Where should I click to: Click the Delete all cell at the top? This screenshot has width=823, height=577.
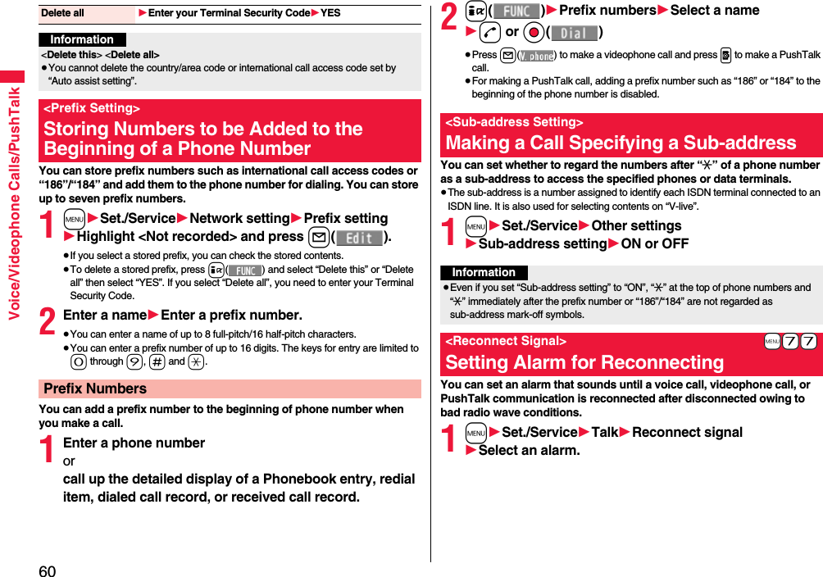[x=63, y=13]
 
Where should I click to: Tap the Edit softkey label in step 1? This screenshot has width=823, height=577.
[x=359, y=237]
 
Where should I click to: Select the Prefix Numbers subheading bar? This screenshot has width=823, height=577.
[x=95, y=388]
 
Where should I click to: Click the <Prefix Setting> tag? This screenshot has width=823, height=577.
[x=92, y=108]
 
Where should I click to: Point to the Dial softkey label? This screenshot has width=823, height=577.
[x=574, y=33]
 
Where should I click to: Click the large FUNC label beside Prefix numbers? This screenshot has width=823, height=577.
[x=516, y=11]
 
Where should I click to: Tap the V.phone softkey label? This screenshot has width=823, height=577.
[x=538, y=56]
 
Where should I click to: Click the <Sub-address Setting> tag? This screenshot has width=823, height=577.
[x=514, y=122]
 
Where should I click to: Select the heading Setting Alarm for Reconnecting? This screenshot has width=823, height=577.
[x=584, y=362]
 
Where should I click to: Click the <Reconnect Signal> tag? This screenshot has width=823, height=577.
[x=506, y=341]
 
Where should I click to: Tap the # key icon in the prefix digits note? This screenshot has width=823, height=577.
[x=157, y=361]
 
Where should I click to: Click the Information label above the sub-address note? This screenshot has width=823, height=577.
[x=484, y=272]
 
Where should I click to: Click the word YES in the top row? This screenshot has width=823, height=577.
[x=330, y=13]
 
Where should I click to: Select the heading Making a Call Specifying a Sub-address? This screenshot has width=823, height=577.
[x=621, y=143]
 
